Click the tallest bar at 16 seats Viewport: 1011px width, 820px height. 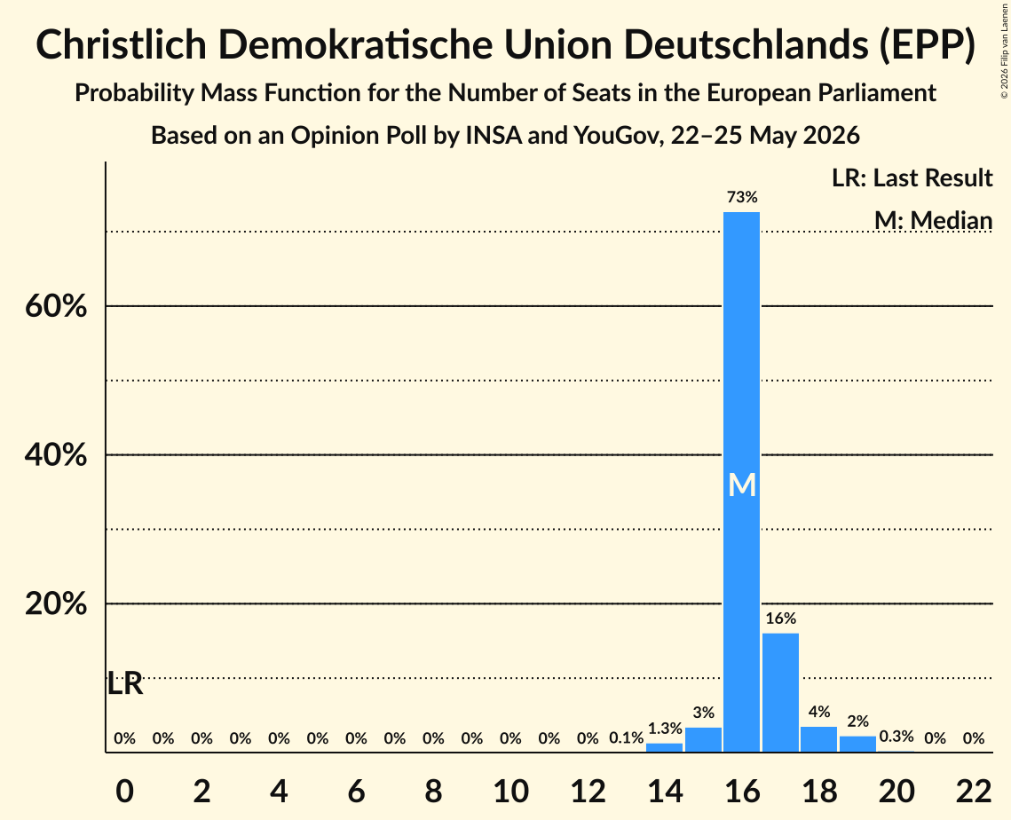click(x=741, y=482)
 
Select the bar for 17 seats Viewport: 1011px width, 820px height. click(x=780, y=692)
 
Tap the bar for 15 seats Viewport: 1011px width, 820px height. click(x=703, y=739)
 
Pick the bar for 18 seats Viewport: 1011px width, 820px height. click(x=819, y=739)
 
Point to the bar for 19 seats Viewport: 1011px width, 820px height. click(x=857, y=744)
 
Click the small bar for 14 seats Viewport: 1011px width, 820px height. click(x=664, y=748)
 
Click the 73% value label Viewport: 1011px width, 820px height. click(x=742, y=197)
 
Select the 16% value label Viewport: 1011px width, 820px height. click(x=781, y=619)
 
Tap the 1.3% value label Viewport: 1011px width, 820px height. click(x=665, y=729)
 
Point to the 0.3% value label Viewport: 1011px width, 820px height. click(x=896, y=737)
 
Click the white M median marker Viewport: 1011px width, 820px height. click(x=741, y=485)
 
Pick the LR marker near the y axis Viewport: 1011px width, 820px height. click(x=124, y=683)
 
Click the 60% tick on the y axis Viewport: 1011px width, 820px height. click(x=56, y=306)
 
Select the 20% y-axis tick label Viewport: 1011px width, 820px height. click(x=56, y=604)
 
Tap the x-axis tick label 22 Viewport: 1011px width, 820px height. click(x=974, y=791)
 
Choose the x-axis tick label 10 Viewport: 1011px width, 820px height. click(x=510, y=791)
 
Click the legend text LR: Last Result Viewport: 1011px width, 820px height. click(x=912, y=177)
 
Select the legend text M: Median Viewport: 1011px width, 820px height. click(x=933, y=220)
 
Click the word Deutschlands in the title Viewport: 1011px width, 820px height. click(x=745, y=45)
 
